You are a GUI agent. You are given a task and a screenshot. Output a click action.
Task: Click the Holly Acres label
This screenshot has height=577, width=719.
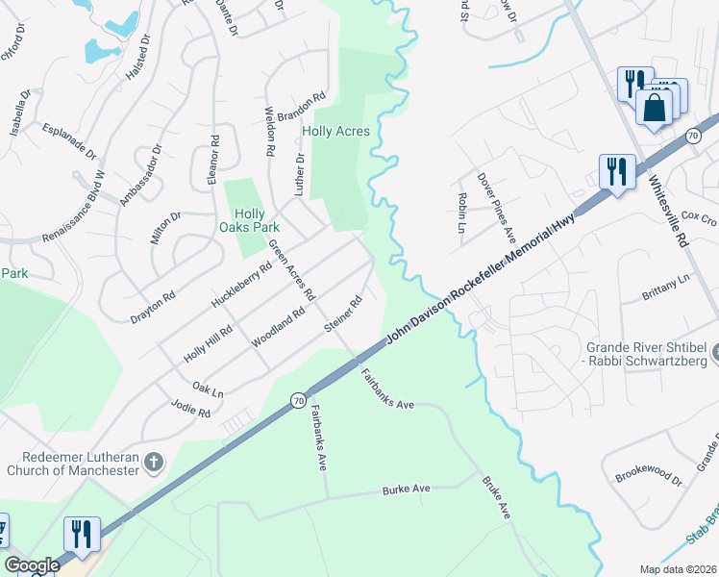pyautogui.click(x=335, y=131)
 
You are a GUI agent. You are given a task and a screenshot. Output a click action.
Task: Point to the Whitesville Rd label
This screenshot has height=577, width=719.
pyautogui.click(x=669, y=201)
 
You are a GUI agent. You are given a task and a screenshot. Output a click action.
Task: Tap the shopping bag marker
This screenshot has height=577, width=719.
pyautogui.click(x=654, y=107)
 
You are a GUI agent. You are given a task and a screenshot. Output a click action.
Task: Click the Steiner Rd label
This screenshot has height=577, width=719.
pyautogui.click(x=343, y=315)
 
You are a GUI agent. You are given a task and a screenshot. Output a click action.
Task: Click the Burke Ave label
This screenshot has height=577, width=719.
pyautogui.click(x=407, y=489)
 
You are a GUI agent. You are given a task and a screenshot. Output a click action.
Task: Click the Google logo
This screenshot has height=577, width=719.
pyautogui.click(x=32, y=565)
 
